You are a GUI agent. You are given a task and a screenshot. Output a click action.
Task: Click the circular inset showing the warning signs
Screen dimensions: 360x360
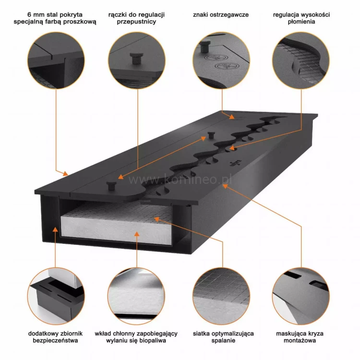tap(221, 60)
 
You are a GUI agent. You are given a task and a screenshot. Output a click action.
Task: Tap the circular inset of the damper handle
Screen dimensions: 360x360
tap(137, 60)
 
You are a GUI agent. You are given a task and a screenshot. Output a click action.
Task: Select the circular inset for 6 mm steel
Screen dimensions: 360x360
tap(56, 60)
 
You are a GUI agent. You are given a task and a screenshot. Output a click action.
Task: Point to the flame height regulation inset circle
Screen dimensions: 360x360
tap(301, 60)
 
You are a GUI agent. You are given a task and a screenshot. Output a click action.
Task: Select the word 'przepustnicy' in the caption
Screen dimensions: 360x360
tap(137, 23)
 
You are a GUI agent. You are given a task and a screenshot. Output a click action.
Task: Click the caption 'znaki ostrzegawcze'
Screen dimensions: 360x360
tap(221, 15)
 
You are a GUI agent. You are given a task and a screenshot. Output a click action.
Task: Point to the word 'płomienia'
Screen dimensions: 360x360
tap(301, 23)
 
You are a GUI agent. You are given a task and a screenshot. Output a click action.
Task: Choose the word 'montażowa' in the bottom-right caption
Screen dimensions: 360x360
tap(302, 341)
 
